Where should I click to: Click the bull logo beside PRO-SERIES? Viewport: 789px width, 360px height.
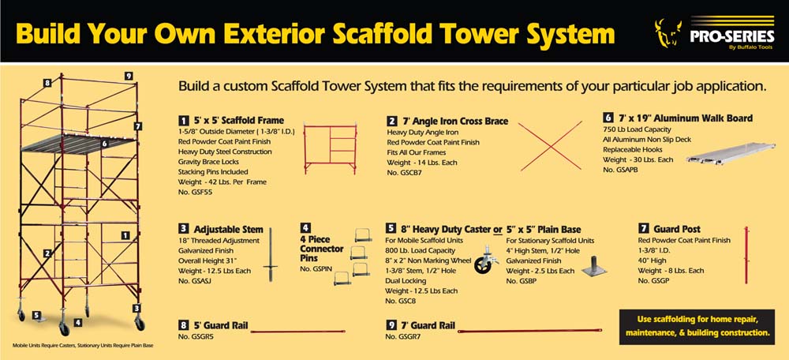(x=668, y=32)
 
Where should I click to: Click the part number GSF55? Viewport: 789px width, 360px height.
(x=193, y=192)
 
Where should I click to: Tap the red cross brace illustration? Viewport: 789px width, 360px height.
(x=550, y=146)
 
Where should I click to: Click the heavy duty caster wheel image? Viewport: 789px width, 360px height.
(x=486, y=260)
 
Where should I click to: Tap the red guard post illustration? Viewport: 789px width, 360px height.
(x=746, y=254)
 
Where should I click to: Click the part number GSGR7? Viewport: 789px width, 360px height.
(x=399, y=336)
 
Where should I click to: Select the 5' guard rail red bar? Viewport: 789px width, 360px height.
(x=297, y=332)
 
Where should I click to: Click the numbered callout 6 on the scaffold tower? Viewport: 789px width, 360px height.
(x=104, y=144)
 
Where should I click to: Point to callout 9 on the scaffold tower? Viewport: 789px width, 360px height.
(x=129, y=76)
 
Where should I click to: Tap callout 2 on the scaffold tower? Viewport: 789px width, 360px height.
(x=47, y=253)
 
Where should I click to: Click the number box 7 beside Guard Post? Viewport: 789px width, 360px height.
(x=642, y=230)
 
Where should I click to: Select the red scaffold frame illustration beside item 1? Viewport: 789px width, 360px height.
(x=331, y=149)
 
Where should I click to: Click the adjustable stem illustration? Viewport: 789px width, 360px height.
(x=270, y=254)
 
